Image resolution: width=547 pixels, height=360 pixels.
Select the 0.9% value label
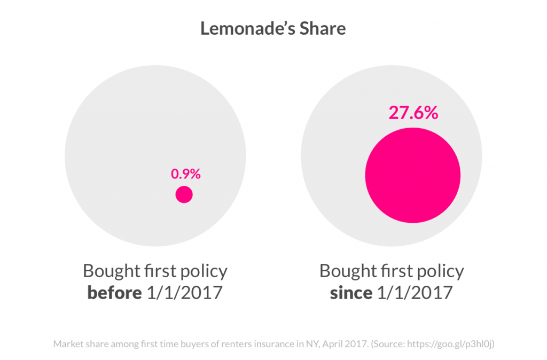185,174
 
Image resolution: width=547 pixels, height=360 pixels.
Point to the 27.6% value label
413,113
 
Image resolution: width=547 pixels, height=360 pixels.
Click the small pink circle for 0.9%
184,195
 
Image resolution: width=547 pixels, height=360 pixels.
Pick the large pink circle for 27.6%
412,175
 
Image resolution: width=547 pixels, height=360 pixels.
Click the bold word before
113,293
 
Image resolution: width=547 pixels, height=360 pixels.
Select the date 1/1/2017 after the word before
183,293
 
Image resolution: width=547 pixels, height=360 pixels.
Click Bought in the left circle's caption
109,271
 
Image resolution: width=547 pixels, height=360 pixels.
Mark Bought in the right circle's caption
346,271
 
